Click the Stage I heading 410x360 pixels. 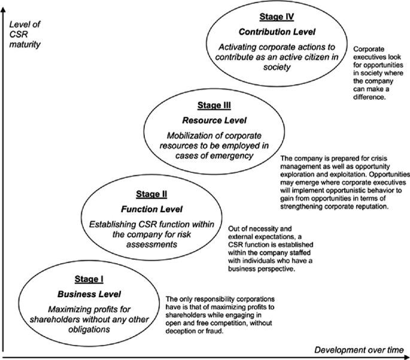pyautogui.click(x=89, y=279)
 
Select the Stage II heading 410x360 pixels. pyautogui.click(x=151, y=194)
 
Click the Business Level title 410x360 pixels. pyautogui.click(x=89, y=294)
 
